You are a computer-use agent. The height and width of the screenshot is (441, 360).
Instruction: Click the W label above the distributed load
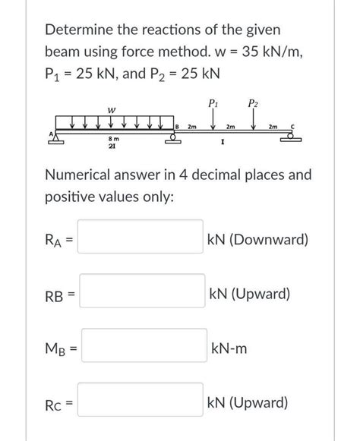click(x=111, y=109)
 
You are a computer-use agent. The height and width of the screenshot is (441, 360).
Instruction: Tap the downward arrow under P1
click(x=212, y=121)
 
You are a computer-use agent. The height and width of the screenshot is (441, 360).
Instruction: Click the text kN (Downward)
click(x=259, y=240)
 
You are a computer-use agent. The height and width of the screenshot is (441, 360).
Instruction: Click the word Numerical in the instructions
click(x=82, y=175)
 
